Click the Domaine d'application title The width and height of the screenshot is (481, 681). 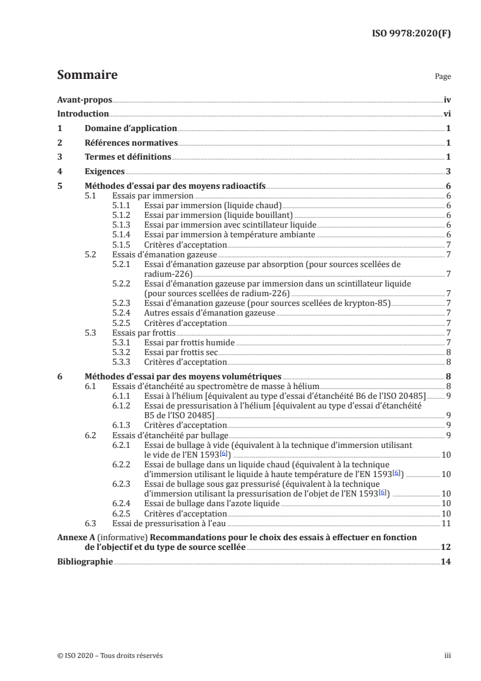pyautogui.click(x=131, y=129)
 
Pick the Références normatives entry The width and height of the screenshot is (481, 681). pyautogui.click(x=131, y=143)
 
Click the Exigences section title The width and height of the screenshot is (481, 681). pyautogui.click(x=104, y=172)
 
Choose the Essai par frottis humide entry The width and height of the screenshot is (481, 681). pyautogui.click(x=189, y=342)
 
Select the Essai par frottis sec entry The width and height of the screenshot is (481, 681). pyautogui.click(x=180, y=352)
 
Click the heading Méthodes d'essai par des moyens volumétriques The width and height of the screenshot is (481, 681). pyautogui.click(x=183, y=376)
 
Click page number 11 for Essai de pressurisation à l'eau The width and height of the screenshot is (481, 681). pyautogui.click(x=445, y=523)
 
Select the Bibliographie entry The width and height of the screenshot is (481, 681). pyautogui.click(x=84, y=562)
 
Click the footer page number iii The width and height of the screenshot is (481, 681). pyautogui.click(x=448, y=656)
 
